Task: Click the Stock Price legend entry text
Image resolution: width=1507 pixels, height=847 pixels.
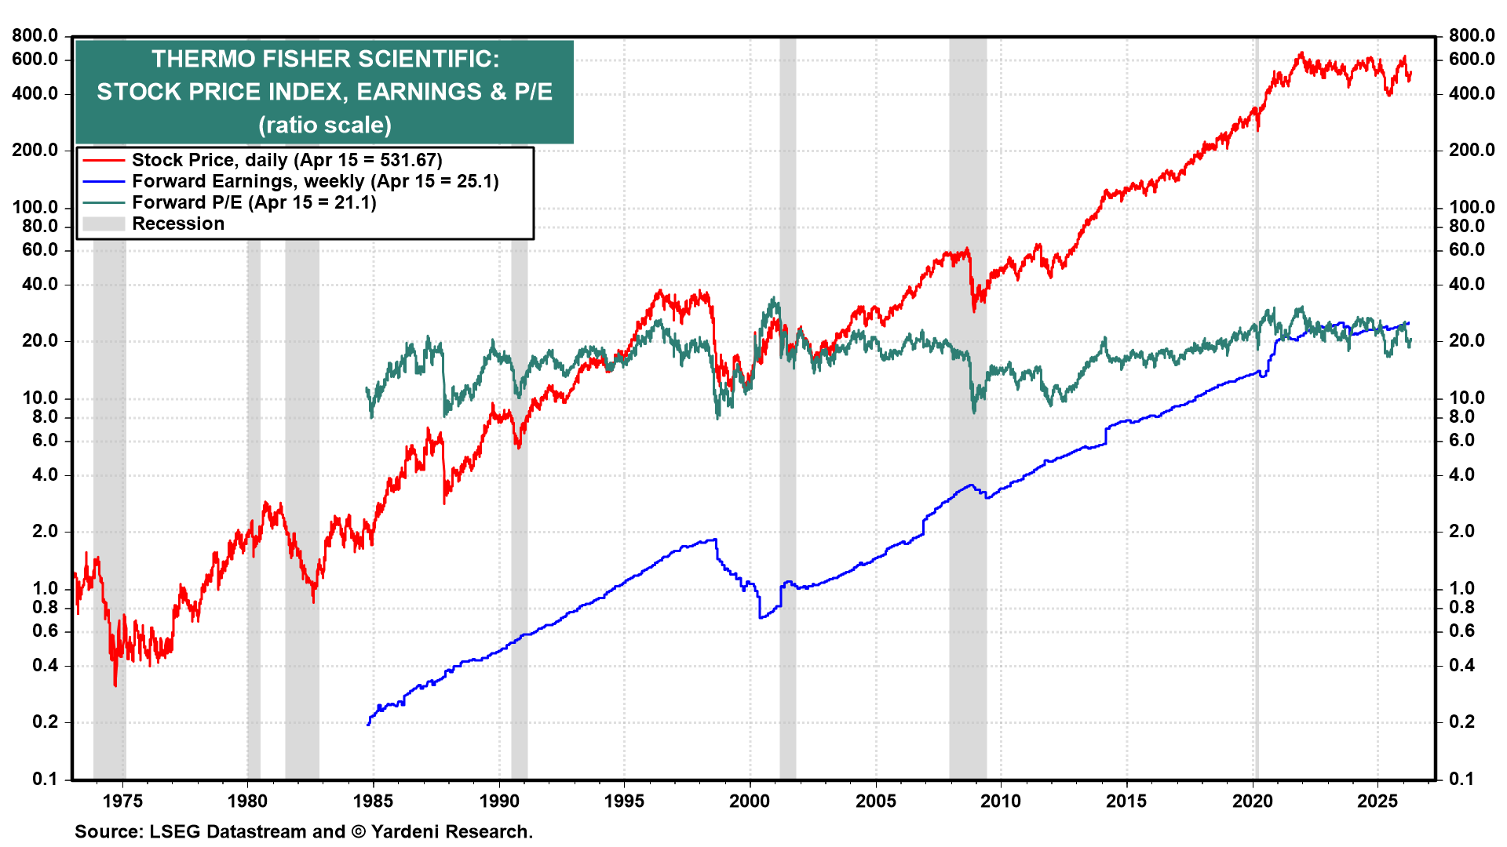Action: pyautogui.click(x=286, y=160)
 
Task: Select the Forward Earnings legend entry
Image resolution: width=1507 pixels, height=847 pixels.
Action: pyautogui.click(x=315, y=181)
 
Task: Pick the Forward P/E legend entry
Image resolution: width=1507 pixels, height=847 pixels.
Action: pyautogui.click(x=254, y=202)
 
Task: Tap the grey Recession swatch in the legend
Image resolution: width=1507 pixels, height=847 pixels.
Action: pyautogui.click(x=104, y=224)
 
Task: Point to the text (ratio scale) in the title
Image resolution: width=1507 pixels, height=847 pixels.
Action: pyautogui.click(x=324, y=125)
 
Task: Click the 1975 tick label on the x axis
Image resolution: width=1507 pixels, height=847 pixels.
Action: pyautogui.click(x=122, y=801)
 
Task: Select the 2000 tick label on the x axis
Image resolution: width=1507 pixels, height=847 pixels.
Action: pyautogui.click(x=750, y=801)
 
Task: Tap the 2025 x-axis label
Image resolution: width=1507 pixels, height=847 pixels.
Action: pyautogui.click(x=1377, y=801)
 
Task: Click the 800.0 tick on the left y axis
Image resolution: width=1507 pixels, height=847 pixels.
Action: pyautogui.click(x=35, y=35)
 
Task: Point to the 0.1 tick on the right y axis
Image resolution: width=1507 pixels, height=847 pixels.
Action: pyautogui.click(x=1461, y=779)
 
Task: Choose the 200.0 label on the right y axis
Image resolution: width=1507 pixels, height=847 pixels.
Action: pyautogui.click(x=1472, y=150)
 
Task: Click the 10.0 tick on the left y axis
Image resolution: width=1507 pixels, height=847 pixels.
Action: pyautogui.click(x=39, y=398)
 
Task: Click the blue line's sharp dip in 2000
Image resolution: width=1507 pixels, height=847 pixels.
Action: pyautogui.click(x=761, y=616)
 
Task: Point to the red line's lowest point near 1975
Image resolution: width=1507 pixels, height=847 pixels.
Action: pyautogui.click(x=115, y=685)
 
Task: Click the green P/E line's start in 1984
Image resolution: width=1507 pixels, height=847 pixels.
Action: pyautogui.click(x=367, y=388)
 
